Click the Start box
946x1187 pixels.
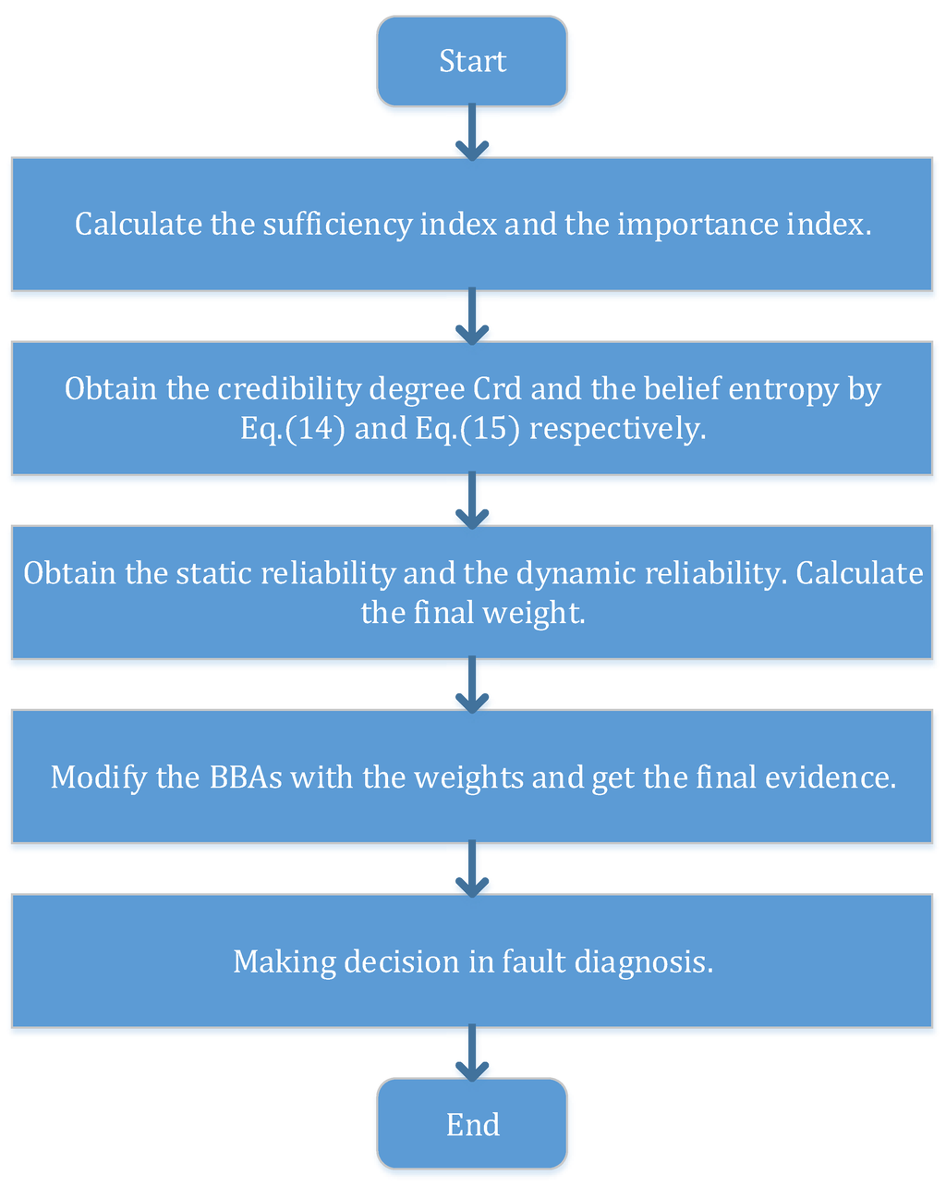tap(472, 61)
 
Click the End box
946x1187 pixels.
tap(472, 1124)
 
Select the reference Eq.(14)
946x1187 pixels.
tap(293, 429)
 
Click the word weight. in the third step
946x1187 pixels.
tap(541, 613)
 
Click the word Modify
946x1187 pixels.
tap(99, 777)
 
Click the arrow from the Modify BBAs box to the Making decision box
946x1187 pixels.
tap(472, 869)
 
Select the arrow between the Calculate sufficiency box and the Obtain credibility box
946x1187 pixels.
tap(472, 316)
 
